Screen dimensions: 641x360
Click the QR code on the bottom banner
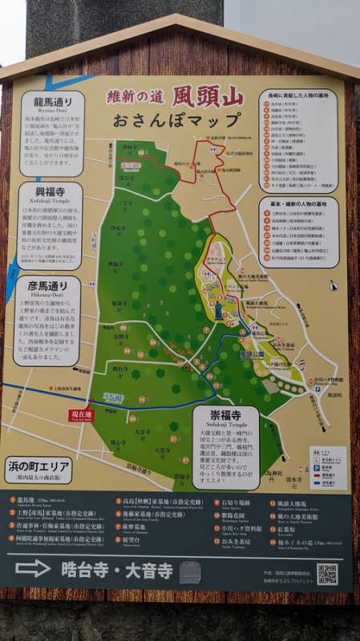tap(326, 574)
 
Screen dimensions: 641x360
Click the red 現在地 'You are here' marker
tap(81, 415)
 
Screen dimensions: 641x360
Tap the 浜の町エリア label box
tap(38, 467)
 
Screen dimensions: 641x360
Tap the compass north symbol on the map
tap(333, 285)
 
